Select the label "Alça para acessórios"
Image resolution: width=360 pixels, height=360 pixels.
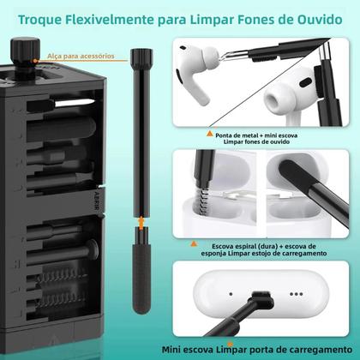82,54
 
